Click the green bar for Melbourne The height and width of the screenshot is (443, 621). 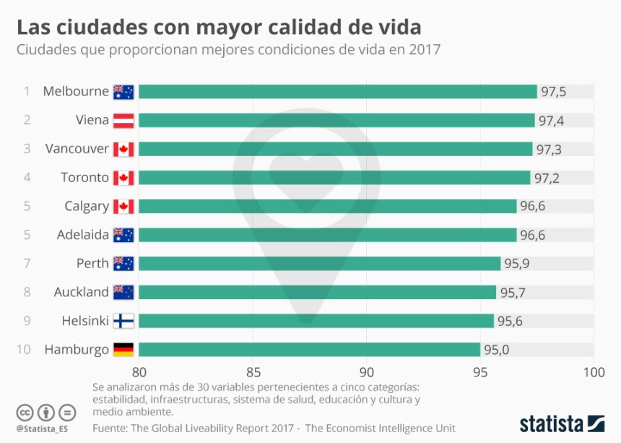point(337,92)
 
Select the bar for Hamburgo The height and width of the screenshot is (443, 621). point(309,350)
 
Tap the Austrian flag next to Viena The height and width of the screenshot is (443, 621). point(123,121)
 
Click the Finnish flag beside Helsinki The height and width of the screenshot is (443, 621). point(123,321)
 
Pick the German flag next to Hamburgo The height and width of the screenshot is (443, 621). point(123,350)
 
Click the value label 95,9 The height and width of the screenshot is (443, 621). point(517,264)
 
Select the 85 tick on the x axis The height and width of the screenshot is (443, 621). point(252,372)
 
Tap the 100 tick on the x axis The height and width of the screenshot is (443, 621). point(593,372)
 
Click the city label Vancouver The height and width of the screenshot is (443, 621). point(77,149)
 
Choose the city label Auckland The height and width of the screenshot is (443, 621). point(81,292)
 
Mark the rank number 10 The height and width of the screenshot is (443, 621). point(23,350)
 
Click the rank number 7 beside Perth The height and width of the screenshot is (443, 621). point(27,264)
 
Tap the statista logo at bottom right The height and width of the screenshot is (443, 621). point(562,423)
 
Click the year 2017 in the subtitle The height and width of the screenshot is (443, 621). point(424,50)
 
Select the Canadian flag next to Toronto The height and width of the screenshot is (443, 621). point(123,178)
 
